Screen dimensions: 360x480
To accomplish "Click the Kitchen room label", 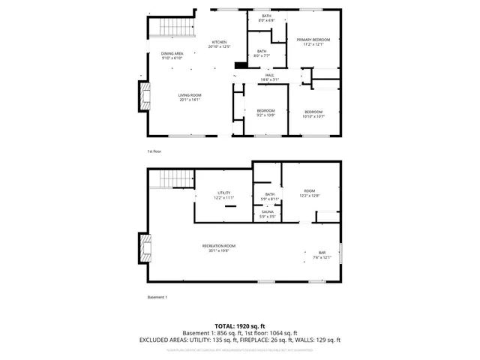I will pyautogui.click(x=219, y=42).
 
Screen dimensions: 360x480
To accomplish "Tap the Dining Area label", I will pyautogui.click(x=172, y=54).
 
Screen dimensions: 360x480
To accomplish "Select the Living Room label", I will pyautogui.click(x=190, y=96).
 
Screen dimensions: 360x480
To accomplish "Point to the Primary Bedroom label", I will pyautogui.click(x=313, y=40).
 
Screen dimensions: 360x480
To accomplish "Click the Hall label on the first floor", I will pyautogui.click(x=269, y=75).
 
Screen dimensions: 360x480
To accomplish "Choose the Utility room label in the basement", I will pyautogui.click(x=223, y=193).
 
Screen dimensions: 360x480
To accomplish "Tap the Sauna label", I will pyautogui.click(x=268, y=212).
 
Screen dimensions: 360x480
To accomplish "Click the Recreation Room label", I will pyautogui.click(x=218, y=246).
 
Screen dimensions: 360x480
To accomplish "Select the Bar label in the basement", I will pyautogui.click(x=322, y=253).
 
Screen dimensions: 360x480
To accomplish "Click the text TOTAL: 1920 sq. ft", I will pyautogui.click(x=239, y=326).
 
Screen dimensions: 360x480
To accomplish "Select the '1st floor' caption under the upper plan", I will pyautogui.click(x=154, y=151).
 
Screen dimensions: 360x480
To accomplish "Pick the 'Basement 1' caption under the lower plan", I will pyautogui.click(x=157, y=298).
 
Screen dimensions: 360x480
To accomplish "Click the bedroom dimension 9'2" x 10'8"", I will pyautogui.click(x=266, y=115).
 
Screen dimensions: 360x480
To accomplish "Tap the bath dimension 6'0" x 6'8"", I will pyautogui.click(x=266, y=20).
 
